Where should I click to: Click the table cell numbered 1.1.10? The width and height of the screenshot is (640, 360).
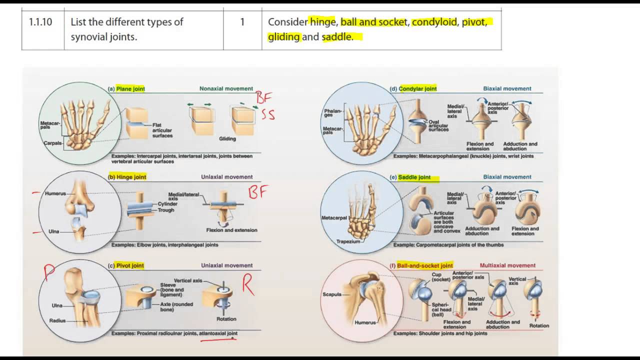42,22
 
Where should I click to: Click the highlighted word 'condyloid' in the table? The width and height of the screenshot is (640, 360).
434,22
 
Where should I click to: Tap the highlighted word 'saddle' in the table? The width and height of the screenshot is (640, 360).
336,37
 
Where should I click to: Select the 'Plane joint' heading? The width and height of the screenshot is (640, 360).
130,89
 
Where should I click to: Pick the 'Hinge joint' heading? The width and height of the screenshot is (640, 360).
131,177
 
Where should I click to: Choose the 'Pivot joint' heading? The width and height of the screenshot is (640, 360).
130,265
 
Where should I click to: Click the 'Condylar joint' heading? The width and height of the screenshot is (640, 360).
417,89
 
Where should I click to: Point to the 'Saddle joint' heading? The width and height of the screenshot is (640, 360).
414,177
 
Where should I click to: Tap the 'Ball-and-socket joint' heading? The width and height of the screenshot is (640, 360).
424,265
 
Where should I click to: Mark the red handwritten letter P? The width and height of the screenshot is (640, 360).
49,273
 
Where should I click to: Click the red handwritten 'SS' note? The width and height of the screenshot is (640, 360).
268,115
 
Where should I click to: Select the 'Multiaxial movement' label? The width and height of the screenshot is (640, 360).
507,265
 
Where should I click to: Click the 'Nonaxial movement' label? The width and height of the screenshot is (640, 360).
226,89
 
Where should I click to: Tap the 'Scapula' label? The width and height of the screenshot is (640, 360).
332,294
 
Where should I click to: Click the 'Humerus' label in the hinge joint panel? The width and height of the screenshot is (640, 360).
55,193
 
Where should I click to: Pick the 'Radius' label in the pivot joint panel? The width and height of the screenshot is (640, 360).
57,321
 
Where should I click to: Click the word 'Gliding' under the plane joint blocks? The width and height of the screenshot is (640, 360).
227,138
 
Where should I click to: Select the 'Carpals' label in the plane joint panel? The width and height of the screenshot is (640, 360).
52,143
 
